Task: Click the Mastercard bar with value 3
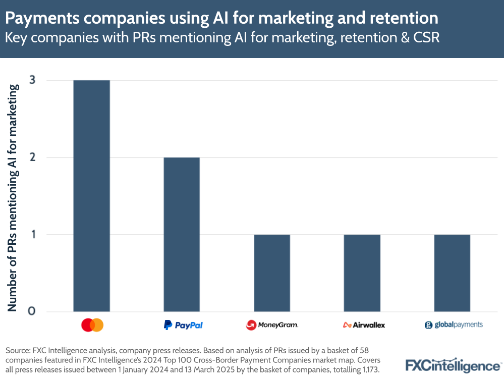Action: click(91, 196)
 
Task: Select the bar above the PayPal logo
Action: click(182, 234)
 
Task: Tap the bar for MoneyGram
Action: click(272, 273)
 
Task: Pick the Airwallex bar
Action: click(362, 273)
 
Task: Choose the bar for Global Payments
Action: click(452, 273)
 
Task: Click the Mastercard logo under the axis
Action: click(92, 325)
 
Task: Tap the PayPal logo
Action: click(183, 325)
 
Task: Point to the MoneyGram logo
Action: click(272, 325)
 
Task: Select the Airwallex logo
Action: click(363, 325)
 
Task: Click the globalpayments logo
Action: click(454, 325)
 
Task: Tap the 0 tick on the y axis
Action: click(32, 311)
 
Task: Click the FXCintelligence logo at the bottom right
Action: click(453, 365)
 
